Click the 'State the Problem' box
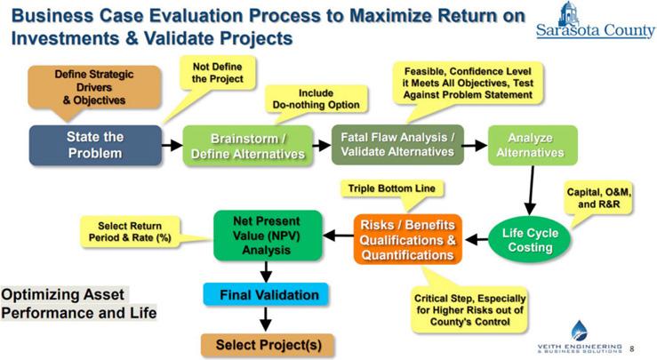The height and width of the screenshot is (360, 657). [x=94, y=144]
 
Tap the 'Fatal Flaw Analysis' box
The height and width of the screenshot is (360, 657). [x=397, y=144]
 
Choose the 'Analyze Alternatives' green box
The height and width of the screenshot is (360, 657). [x=533, y=144]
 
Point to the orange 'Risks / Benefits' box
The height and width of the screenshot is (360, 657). [x=408, y=239]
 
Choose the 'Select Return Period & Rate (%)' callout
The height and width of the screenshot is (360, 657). [x=130, y=232]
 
